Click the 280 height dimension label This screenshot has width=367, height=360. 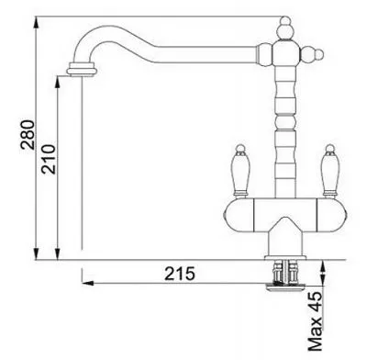pyautogui.click(x=28, y=135)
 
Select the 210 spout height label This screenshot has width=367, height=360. pyautogui.click(x=50, y=159)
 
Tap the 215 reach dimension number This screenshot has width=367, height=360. pyautogui.click(x=180, y=274)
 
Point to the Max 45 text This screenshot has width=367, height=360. pyautogui.click(x=316, y=321)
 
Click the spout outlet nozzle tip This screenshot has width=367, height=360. pyautogui.click(x=83, y=68)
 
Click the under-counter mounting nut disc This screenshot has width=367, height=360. pyautogui.click(x=285, y=287)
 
